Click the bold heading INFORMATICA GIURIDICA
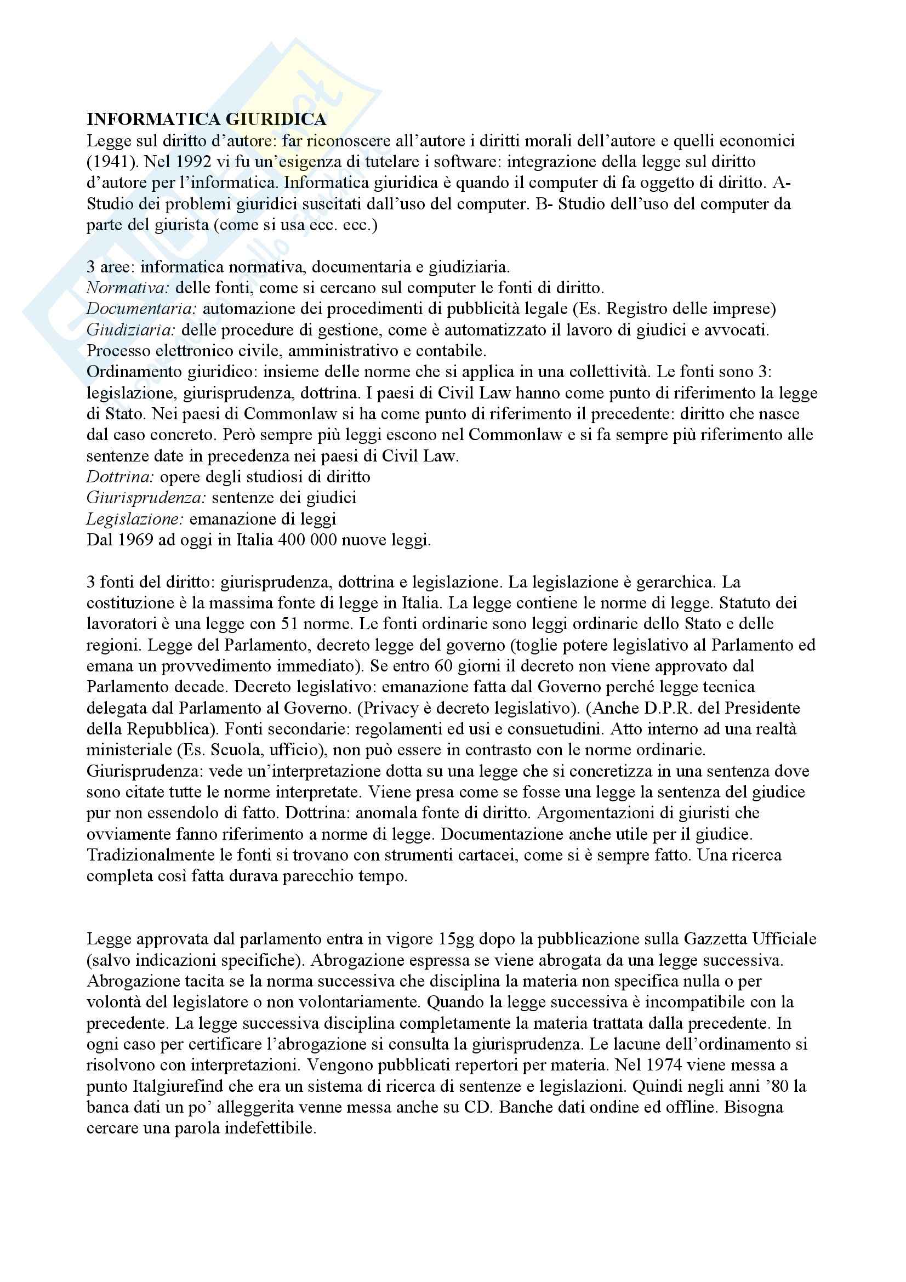pyautogui.click(x=206, y=119)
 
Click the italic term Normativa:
pyautogui.click(x=128, y=288)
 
